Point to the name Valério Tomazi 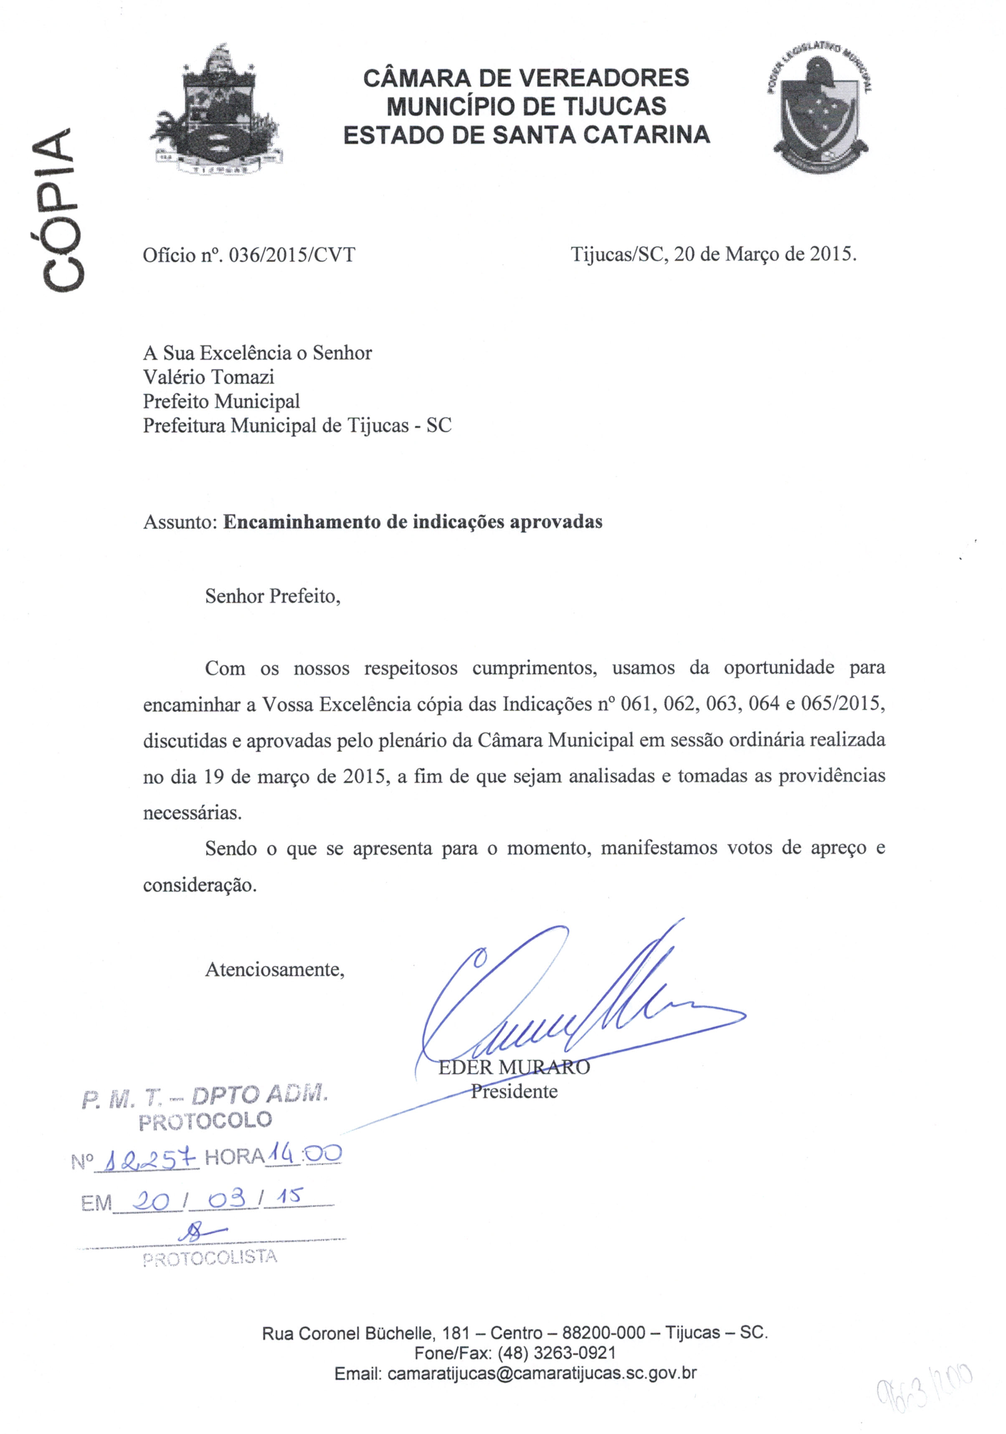[208, 377]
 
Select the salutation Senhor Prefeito [273, 596]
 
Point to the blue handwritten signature [562, 999]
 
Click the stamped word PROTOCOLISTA [209, 1258]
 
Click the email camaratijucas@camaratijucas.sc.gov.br [541, 1373]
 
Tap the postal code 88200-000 [603, 1333]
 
